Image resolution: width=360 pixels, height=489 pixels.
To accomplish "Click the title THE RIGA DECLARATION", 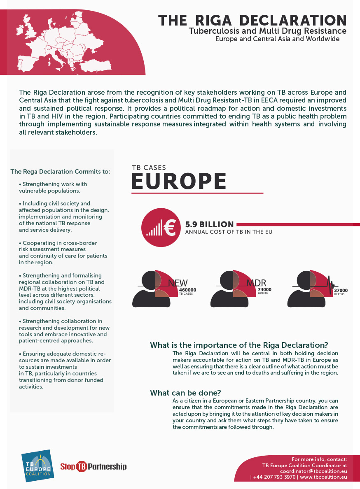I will pyautogui.click(x=252, y=20).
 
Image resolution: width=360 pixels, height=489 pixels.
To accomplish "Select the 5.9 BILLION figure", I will pyautogui.click(x=209, y=224).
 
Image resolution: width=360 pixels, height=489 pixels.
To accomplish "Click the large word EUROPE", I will pyautogui.click(x=179, y=182).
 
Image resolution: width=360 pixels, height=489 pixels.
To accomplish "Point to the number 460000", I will pyautogui.click(x=188, y=290).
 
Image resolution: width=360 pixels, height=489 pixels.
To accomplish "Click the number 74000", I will pyautogui.click(x=264, y=289).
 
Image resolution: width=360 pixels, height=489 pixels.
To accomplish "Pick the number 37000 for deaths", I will pyautogui.click(x=341, y=290).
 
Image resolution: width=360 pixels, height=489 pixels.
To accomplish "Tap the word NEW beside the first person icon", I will pyautogui.click(x=178, y=283).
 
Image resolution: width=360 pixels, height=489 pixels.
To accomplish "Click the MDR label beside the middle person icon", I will pyautogui.click(x=256, y=283).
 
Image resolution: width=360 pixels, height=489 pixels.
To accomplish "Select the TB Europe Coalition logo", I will pyautogui.click(x=38, y=463).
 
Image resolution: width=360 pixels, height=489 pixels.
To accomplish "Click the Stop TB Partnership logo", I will pyautogui.click(x=94, y=466).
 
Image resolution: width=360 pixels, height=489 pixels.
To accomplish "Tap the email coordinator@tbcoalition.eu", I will pyautogui.click(x=313, y=470).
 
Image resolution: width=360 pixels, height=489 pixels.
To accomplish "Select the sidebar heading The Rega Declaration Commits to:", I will pyautogui.click(x=60, y=171).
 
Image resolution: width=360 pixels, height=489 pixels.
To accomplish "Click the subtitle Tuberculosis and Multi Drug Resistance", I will pyautogui.click(x=267, y=31).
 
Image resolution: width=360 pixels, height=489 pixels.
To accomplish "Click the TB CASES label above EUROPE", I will pyautogui.click(x=149, y=168).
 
